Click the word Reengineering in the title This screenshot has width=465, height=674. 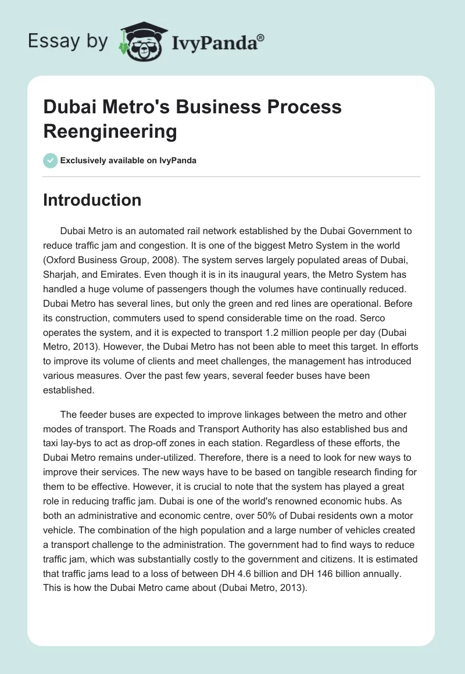click(110, 131)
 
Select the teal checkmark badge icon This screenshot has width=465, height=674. click(51, 160)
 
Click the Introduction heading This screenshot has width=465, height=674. click(92, 200)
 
